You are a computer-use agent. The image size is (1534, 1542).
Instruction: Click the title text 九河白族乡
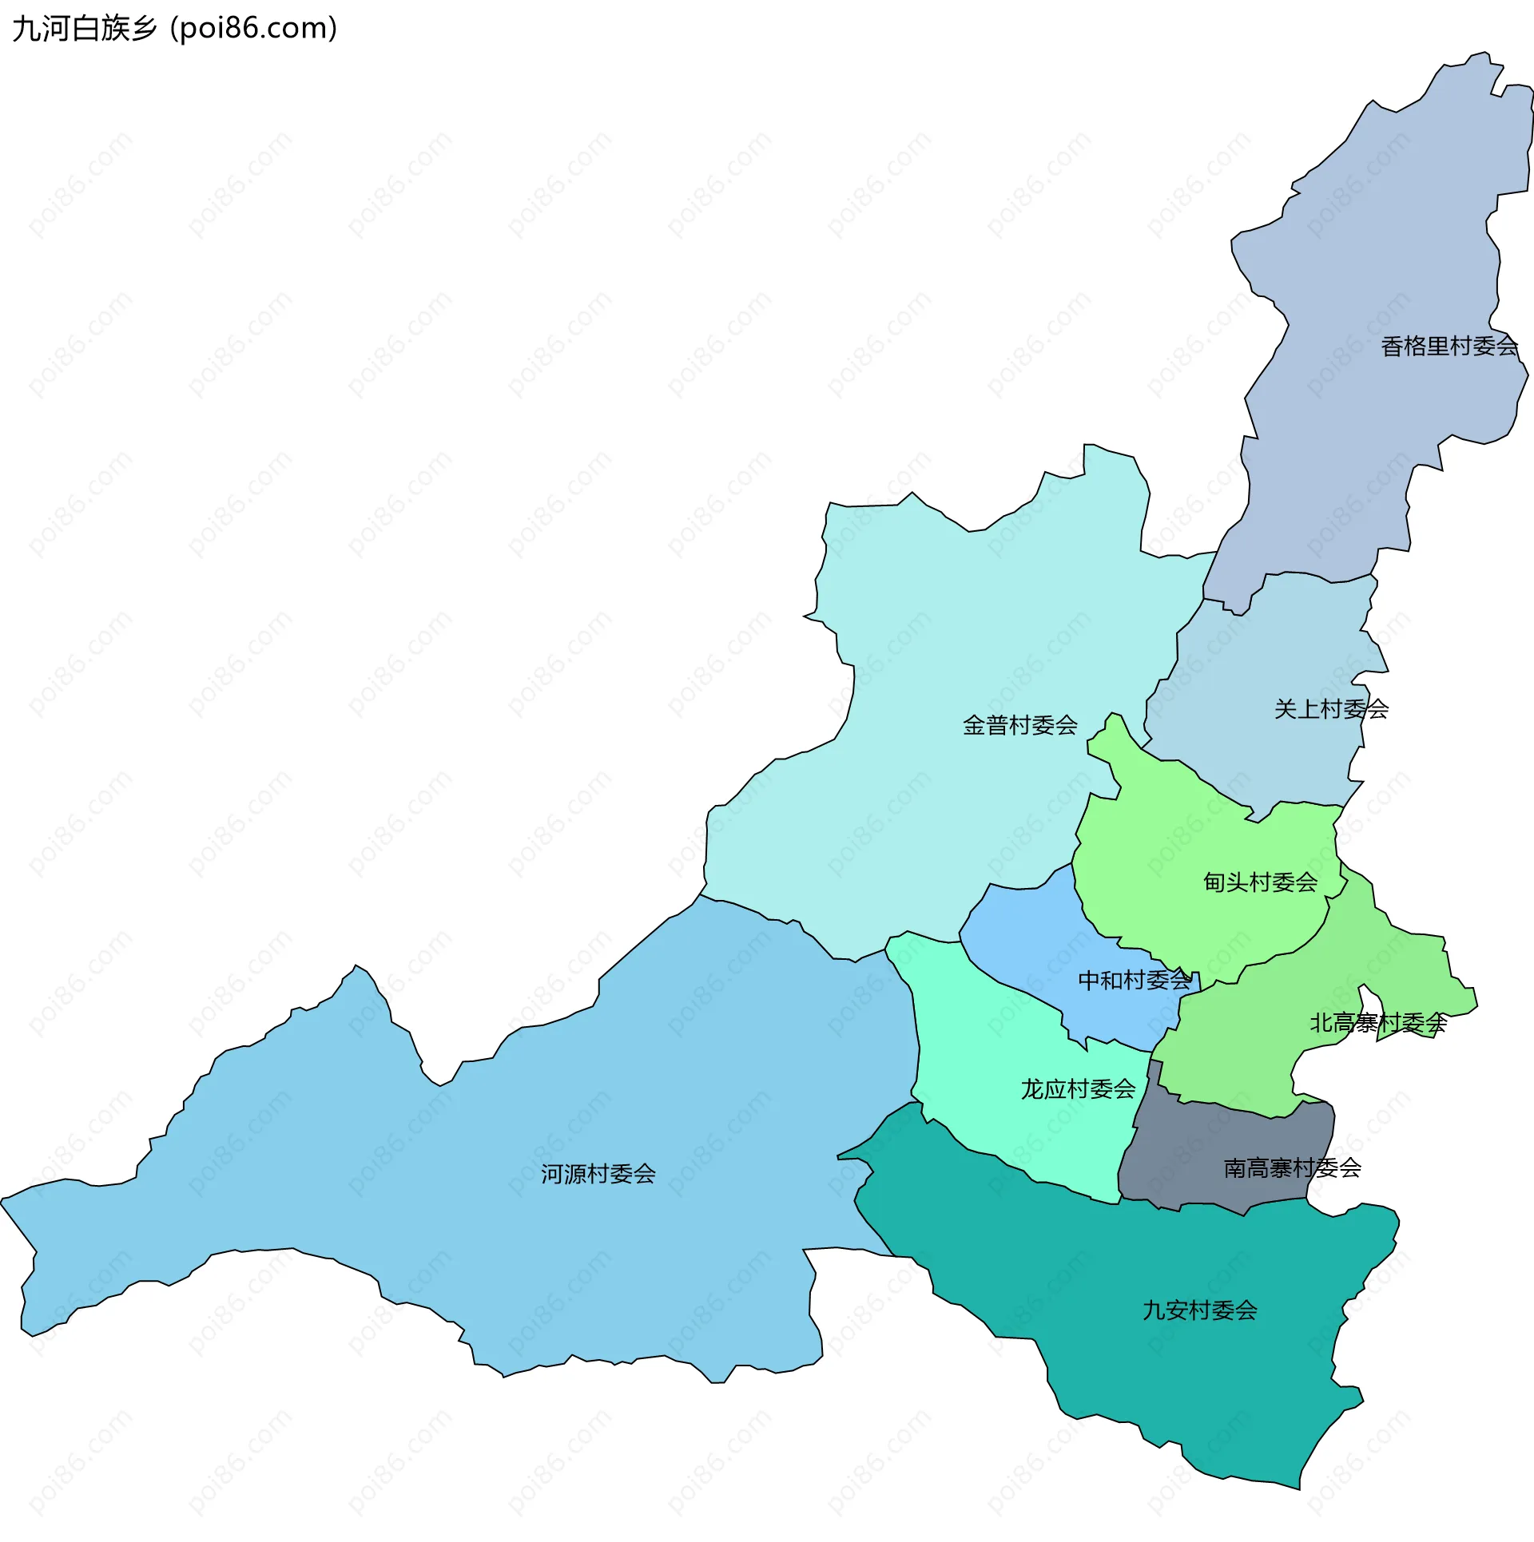coord(85,29)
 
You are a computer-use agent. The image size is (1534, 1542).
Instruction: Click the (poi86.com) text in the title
coord(254,29)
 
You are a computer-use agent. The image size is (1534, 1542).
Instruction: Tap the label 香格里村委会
coord(1449,347)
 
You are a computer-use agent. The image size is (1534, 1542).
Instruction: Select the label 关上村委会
coord(1331,709)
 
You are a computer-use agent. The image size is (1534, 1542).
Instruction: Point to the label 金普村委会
coord(1020,725)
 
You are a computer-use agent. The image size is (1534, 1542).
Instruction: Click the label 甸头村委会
coord(1260,882)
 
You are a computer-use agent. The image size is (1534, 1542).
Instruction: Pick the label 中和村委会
coord(1135,981)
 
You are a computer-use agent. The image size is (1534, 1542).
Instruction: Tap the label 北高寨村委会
coord(1378,1023)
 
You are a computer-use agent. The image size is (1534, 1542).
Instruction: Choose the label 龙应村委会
coord(1078,1089)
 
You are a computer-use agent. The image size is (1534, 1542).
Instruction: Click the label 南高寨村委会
coord(1292,1168)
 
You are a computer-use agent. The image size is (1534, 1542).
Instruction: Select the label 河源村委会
coord(598,1174)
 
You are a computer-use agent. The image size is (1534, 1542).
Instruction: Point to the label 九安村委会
coord(1199,1310)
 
